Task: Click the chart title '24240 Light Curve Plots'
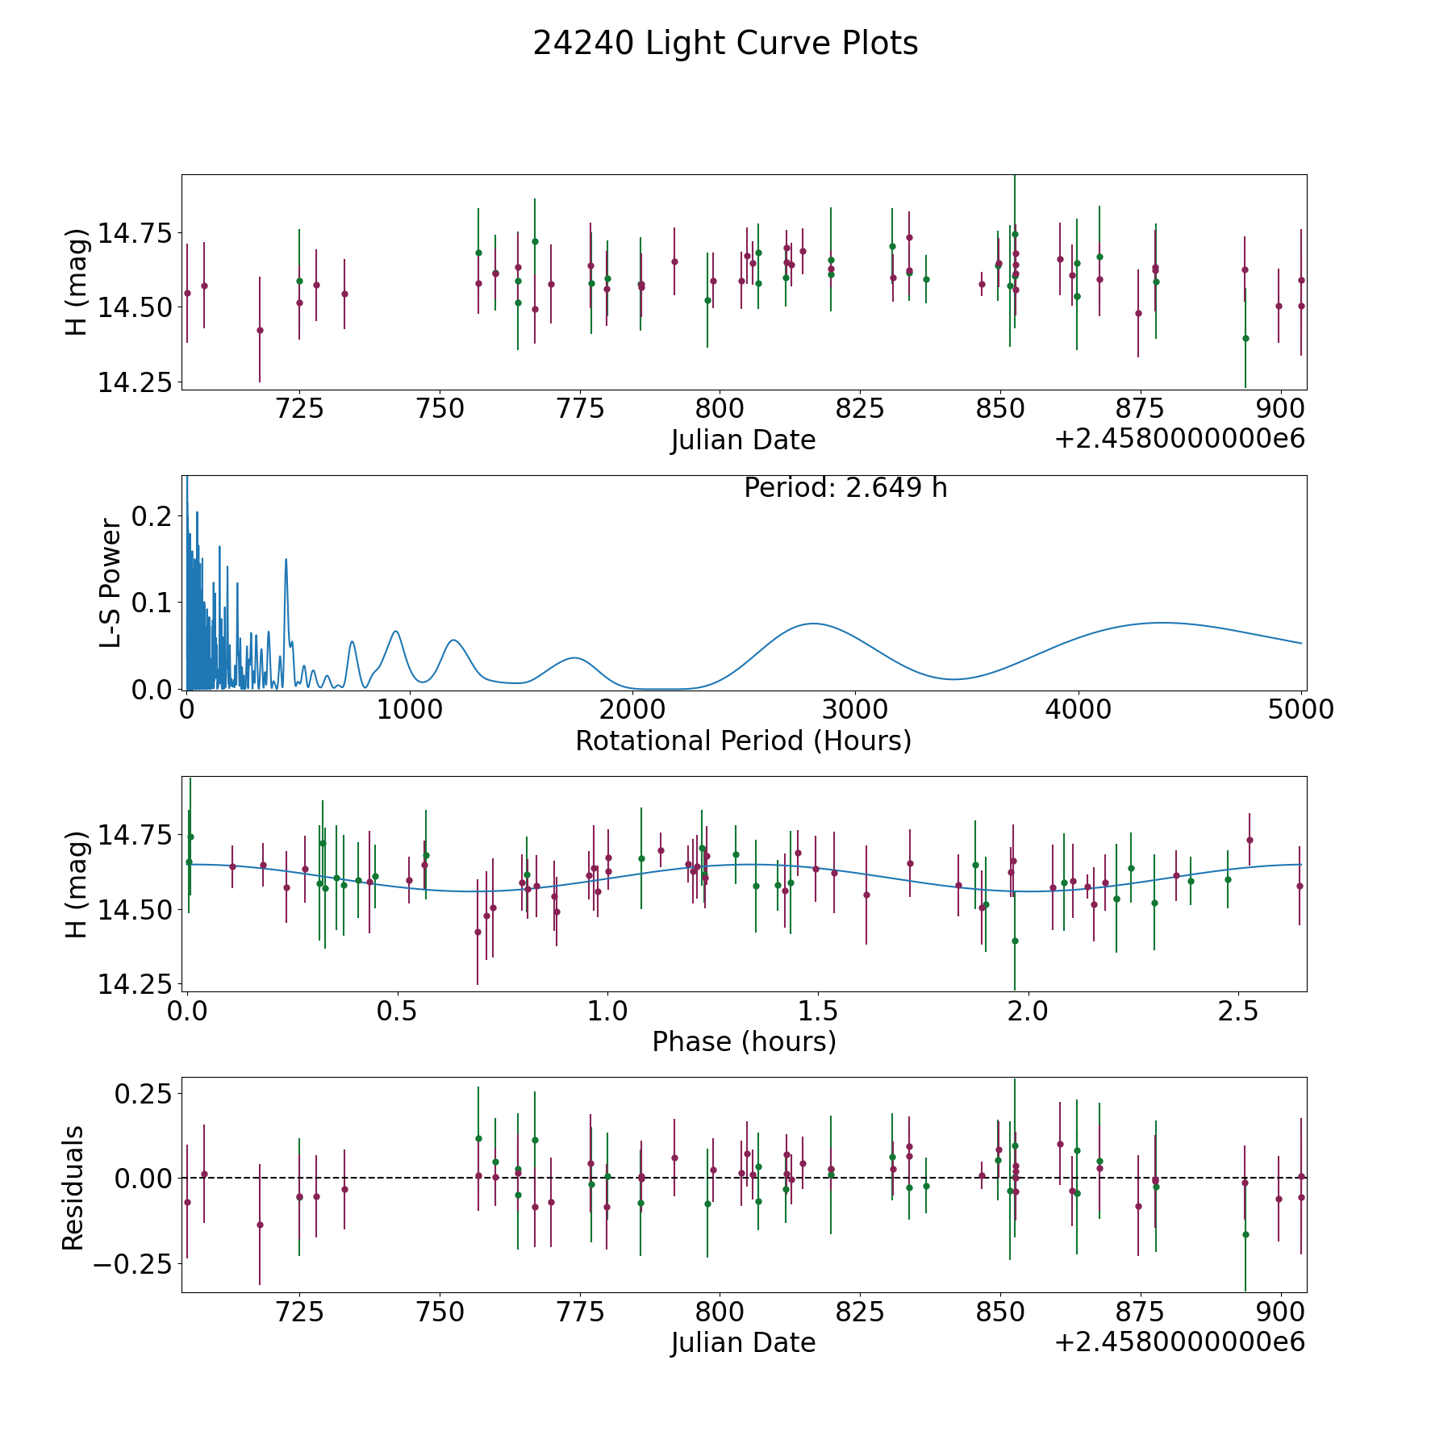[x=725, y=44]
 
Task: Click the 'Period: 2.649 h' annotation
[x=845, y=488]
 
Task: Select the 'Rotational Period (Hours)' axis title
[x=743, y=741]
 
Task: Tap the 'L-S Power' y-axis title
[x=111, y=583]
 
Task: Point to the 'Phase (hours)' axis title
[x=744, y=1041]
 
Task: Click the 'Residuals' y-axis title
[x=73, y=1188]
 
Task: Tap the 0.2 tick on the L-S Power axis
[x=153, y=515]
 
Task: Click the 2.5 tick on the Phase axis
[x=1238, y=1011]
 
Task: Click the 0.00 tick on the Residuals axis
[x=143, y=1179]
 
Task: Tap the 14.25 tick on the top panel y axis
[x=135, y=382]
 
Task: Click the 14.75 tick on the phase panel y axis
[x=135, y=834]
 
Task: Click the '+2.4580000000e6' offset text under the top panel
[x=1179, y=439]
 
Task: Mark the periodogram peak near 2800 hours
[x=812, y=624]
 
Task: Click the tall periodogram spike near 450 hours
[x=286, y=559]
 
